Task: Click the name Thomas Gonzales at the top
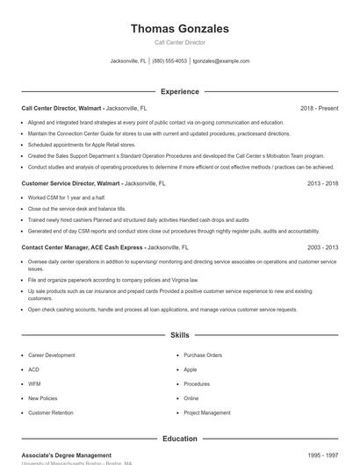click(179, 29)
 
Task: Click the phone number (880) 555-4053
click(169, 61)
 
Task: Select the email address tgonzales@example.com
click(221, 61)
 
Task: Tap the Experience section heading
click(179, 91)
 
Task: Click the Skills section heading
click(179, 335)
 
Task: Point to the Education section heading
click(179, 439)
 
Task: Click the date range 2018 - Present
click(319, 108)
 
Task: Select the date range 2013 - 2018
click(322, 183)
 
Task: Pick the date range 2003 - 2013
click(322, 248)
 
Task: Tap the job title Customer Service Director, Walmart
click(70, 183)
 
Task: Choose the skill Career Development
click(52, 355)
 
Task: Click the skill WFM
click(34, 383)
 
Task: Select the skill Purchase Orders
click(203, 355)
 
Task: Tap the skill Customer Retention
click(51, 412)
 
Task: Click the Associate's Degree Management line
click(67, 455)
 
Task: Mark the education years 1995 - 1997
click(322, 455)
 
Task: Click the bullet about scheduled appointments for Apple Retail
click(82, 144)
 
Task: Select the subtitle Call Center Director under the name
click(179, 43)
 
